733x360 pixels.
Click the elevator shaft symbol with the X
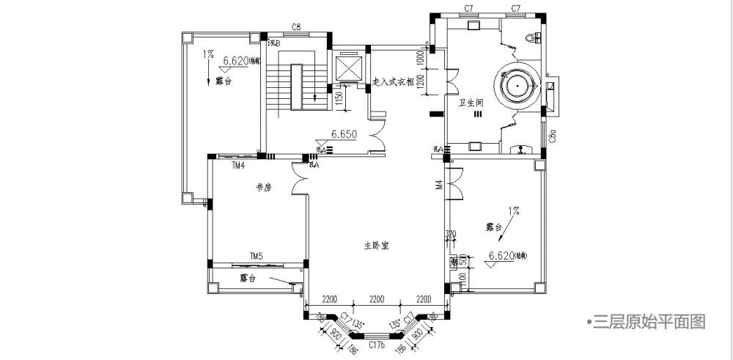click(348, 69)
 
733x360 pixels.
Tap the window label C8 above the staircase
click(296, 28)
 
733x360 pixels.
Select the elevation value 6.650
click(344, 134)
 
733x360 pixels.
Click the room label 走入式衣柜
click(394, 82)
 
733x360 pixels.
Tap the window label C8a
click(552, 136)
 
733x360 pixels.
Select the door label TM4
click(237, 166)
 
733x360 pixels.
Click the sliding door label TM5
click(256, 257)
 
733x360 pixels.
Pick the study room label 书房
click(263, 188)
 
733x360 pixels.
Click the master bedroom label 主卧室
click(376, 246)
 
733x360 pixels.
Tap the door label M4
click(439, 185)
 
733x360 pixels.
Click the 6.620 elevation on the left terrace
click(237, 61)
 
